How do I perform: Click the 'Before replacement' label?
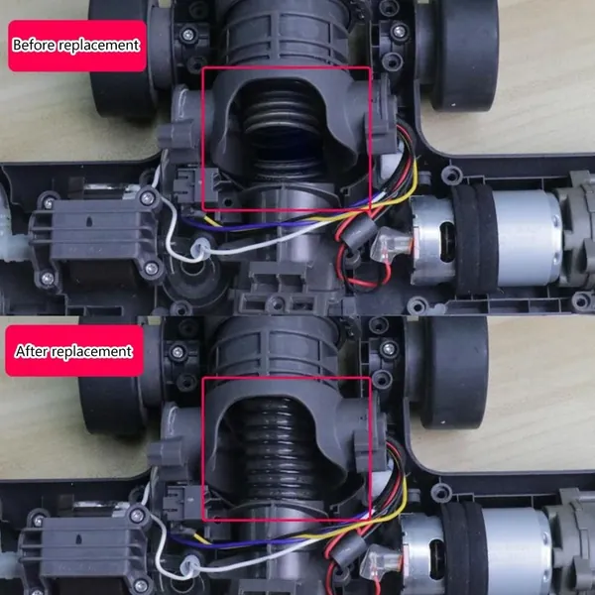pos(77,46)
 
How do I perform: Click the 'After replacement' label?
pos(74,351)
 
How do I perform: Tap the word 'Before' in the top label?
pos(35,45)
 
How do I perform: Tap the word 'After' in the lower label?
pos(32,351)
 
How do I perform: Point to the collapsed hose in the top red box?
pos(283,125)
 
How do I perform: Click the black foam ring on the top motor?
pos(474,239)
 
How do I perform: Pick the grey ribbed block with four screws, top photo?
pos(97,237)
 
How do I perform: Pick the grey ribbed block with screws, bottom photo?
pos(85,550)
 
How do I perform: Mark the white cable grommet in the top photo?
pos(200,249)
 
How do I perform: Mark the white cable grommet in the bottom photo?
pos(190,565)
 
